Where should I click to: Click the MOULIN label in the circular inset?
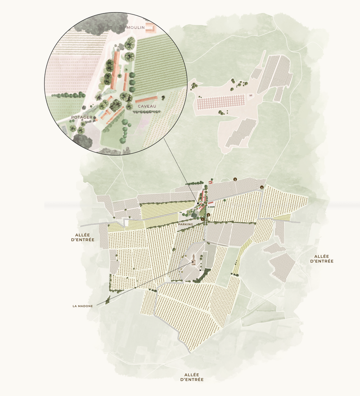(135, 28)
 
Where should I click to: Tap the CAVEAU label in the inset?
(147, 106)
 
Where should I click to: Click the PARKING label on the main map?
(185, 224)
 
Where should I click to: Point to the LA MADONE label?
(83, 306)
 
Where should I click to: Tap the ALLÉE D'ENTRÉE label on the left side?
(82, 238)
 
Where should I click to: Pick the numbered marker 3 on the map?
(235, 179)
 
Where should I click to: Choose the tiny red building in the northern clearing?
(248, 95)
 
